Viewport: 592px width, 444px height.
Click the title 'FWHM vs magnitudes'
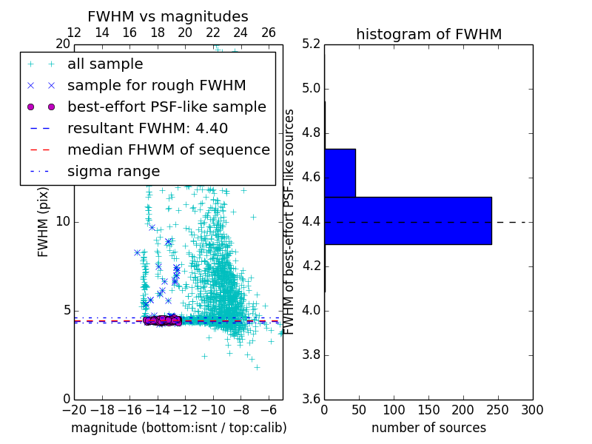pos(168,17)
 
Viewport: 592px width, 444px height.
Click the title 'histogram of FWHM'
pos(428,35)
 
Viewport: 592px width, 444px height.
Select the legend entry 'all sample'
pos(105,64)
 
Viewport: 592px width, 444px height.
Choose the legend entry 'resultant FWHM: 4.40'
pos(147,129)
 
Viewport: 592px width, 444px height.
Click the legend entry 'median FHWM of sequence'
pos(168,150)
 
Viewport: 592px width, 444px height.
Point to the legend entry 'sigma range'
pos(113,172)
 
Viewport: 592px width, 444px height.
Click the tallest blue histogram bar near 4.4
pos(408,221)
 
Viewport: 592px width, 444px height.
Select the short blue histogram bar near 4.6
pos(340,172)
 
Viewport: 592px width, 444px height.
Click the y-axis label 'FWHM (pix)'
pos(43,221)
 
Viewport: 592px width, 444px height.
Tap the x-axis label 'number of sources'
pos(428,428)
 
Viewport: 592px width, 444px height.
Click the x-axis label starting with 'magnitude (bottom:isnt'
pos(178,428)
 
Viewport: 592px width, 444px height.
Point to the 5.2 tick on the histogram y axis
pos(312,44)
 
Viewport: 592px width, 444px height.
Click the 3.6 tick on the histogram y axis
pos(312,399)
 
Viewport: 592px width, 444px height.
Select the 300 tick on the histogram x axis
pos(532,410)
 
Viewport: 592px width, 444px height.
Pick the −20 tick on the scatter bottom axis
pos(74,410)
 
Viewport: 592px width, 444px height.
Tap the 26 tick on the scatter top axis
pos(269,33)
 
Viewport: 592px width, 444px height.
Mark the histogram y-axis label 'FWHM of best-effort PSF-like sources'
pos(290,221)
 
